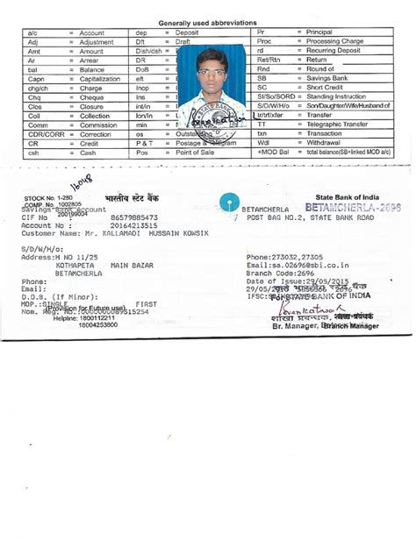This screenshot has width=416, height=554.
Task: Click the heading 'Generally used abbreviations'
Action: tap(207, 23)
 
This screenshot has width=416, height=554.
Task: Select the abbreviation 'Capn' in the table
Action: tap(36, 79)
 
